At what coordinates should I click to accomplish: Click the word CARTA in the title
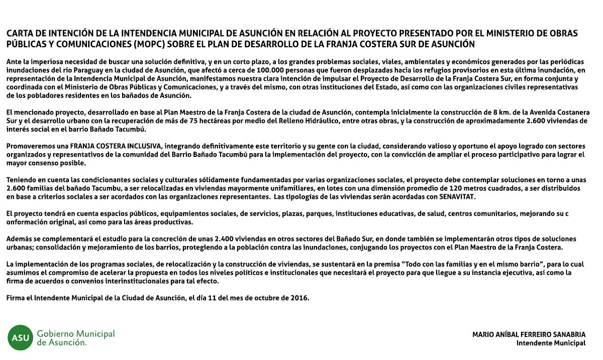coord(20,34)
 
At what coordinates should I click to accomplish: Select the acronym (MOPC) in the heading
coord(152,44)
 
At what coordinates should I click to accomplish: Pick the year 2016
coord(300,298)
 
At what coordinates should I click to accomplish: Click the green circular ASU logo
coord(20,337)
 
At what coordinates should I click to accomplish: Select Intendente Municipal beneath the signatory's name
coord(551,343)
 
